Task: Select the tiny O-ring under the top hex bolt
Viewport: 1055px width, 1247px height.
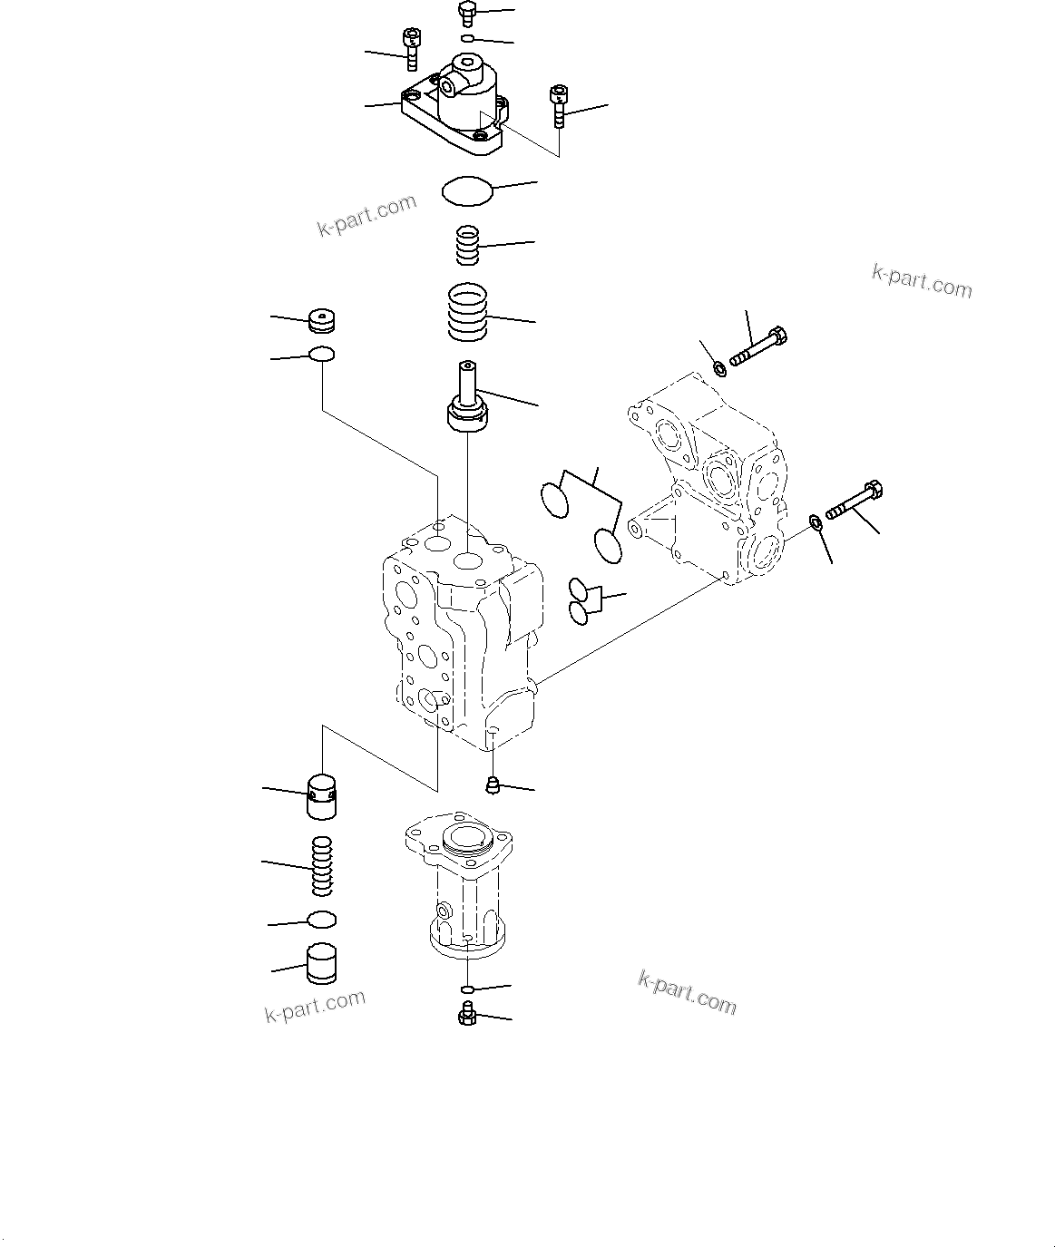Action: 467,38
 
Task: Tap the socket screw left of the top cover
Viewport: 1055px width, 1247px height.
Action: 411,48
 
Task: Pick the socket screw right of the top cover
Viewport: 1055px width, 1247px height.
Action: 558,105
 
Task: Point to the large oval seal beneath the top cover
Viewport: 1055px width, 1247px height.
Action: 467,191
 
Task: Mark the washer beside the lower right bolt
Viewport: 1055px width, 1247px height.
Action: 815,521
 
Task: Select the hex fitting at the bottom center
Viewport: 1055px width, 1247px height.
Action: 467,1016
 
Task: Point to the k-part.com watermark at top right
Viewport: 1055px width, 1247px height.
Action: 921,281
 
